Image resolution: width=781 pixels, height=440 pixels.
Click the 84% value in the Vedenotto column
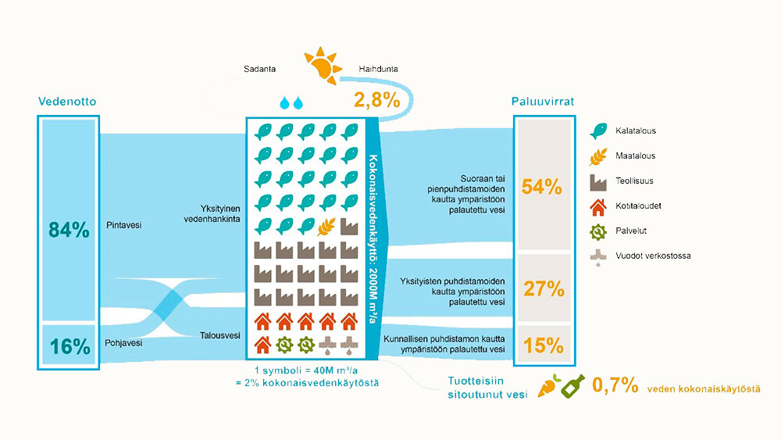(x=69, y=231)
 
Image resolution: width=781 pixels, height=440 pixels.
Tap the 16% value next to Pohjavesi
(x=69, y=346)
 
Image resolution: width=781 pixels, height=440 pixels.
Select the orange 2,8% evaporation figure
(x=376, y=100)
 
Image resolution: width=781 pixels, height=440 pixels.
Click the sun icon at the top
(x=322, y=66)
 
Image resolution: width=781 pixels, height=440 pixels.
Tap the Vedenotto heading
(x=68, y=102)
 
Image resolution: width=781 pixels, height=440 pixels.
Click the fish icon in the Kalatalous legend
(x=599, y=131)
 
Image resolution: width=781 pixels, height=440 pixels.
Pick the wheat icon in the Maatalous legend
(x=599, y=156)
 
